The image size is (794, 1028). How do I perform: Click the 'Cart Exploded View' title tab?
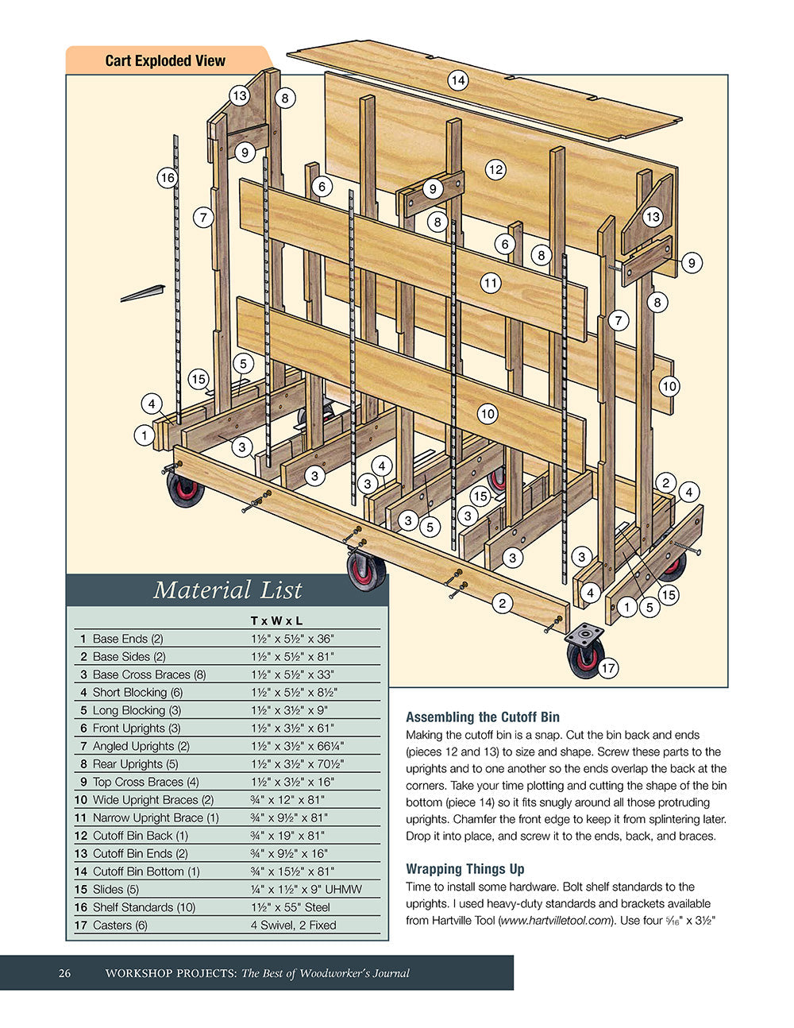click(165, 60)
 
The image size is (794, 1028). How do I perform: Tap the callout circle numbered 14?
click(457, 80)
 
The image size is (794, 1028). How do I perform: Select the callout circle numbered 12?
click(495, 169)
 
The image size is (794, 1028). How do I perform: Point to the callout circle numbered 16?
click(167, 178)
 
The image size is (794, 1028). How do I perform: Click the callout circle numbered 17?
click(607, 669)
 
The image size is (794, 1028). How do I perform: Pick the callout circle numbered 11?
click(490, 283)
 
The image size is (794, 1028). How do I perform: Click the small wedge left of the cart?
click(143, 293)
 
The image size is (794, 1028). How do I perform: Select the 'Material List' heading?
click(227, 590)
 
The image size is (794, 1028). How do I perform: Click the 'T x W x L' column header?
click(276, 620)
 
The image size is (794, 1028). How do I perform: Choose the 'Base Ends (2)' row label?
click(128, 639)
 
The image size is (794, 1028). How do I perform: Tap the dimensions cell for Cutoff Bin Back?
click(287, 836)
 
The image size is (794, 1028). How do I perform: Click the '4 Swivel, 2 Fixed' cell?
click(293, 925)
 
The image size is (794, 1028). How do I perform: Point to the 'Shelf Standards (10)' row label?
click(133, 907)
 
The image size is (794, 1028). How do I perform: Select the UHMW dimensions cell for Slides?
click(306, 889)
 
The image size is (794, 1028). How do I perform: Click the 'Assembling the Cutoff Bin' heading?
click(483, 717)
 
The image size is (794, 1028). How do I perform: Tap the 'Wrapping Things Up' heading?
click(465, 868)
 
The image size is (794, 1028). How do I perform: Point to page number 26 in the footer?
click(64, 973)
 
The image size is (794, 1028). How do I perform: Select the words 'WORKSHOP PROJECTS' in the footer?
click(170, 973)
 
